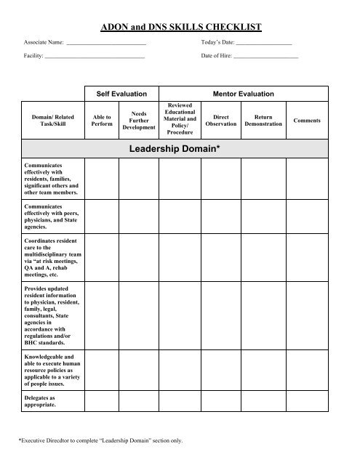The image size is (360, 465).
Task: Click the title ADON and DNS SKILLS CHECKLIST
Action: click(180, 27)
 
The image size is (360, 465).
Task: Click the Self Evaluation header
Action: click(121, 94)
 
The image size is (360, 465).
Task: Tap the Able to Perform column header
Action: click(103, 120)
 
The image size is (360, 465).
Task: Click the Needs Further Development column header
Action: click(139, 120)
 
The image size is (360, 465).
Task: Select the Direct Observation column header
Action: click(220, 120)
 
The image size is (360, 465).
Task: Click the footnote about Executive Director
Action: click(100, 440)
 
